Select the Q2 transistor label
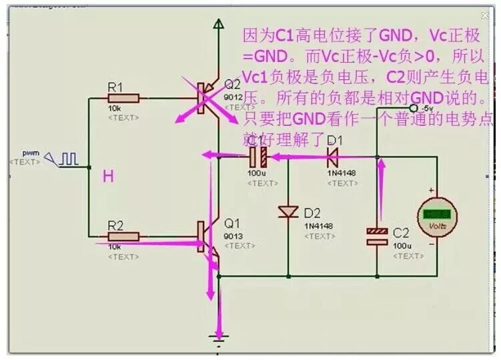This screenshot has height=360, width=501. pos(232,85)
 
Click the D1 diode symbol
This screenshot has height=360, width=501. pos(332,158)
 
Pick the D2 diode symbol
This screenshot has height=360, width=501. pos(288,212)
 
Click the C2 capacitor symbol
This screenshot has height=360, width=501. pos(377,235)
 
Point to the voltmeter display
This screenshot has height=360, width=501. pos(436,215)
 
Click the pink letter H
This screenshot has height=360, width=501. pos(107,176)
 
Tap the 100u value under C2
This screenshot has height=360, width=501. pos(401,246)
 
